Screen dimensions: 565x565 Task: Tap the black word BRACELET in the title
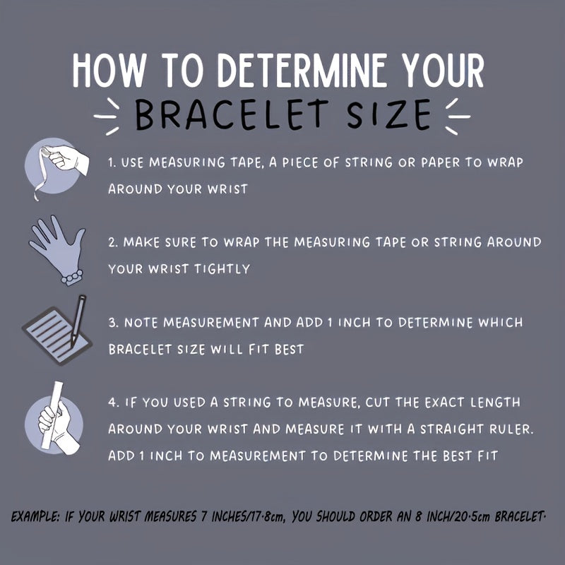click(232, 114)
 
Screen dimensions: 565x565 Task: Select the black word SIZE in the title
click(389, 114)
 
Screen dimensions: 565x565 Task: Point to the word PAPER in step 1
click(441, 162)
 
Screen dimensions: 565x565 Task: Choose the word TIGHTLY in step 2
click(222, 269)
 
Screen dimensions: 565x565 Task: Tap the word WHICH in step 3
click(500, 322)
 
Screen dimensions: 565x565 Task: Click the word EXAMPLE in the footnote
click(35, 517)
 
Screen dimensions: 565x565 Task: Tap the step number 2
click(113, 242)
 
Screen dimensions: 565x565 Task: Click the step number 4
click(113, 403)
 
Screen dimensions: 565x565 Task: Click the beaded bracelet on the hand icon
click(72, 277)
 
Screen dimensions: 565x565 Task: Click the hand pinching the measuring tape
click(68, 158)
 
